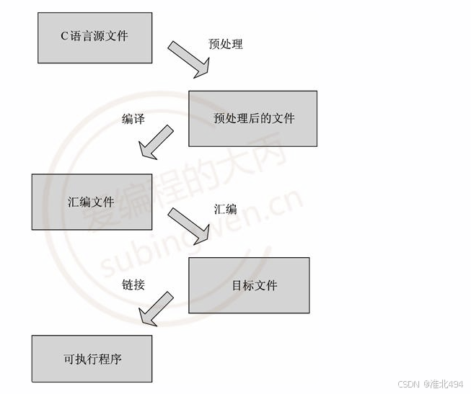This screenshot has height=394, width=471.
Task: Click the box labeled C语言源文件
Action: [94, 37]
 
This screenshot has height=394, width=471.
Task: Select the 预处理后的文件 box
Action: [252, 118]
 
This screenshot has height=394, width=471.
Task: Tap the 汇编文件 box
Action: [92, 202]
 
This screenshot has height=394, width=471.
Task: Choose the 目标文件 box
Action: [249, 285]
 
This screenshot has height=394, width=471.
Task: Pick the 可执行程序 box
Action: [92, 358]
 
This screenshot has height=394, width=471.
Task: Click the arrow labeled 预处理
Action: [190, 59]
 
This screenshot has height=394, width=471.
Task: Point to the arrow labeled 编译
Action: [156, 142]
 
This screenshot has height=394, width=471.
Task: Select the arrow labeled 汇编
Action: [189, 225]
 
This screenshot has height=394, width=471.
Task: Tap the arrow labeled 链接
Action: [156, 308]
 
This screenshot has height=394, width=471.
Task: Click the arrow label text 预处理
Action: [226, 44]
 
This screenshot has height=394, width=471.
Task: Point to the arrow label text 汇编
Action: [225, 210]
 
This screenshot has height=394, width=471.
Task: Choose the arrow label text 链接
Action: [133, 285]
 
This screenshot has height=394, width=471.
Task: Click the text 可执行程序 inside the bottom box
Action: [92, 358]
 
